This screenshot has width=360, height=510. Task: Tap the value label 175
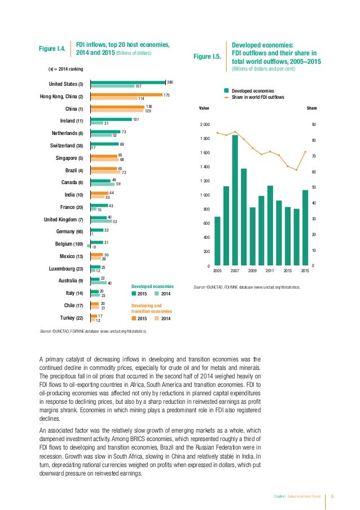[166, 94]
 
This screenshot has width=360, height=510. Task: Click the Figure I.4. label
[54, 49]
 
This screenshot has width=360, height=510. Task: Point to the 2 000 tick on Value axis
[204, 124]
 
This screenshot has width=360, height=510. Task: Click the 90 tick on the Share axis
[314, 124]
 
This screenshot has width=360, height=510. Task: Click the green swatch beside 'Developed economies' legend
[226, 90]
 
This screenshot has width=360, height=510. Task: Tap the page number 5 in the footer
[333, 496]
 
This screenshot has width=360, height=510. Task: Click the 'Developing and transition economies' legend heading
[148, 308]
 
